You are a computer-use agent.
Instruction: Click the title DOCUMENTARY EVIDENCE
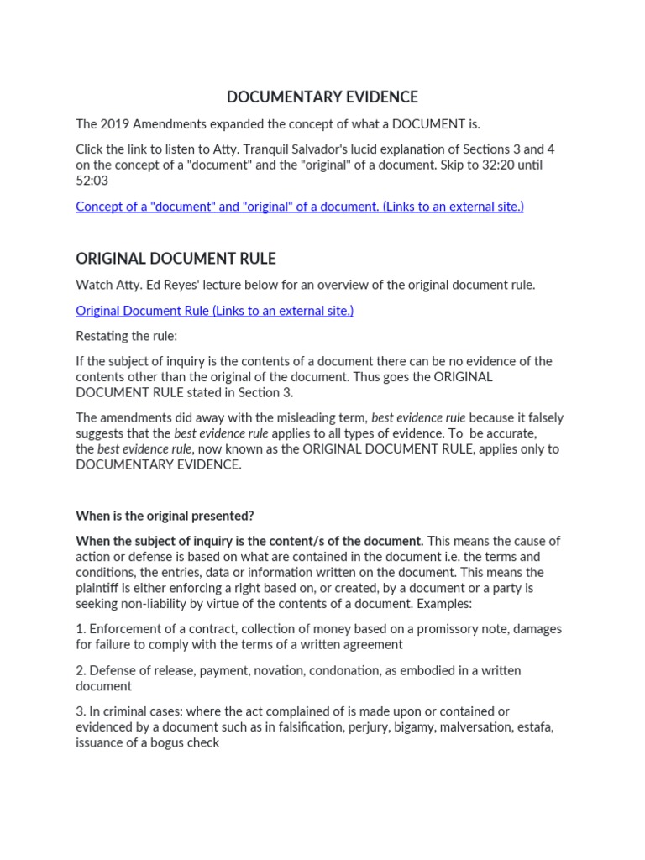(322, 97)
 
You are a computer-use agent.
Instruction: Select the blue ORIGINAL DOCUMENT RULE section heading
(176, 258)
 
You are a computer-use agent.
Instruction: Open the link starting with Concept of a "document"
(299, 207)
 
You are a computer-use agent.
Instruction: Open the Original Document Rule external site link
(214, 311)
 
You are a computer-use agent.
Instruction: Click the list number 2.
(81, 670)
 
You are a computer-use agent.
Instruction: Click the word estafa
(532, 727)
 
